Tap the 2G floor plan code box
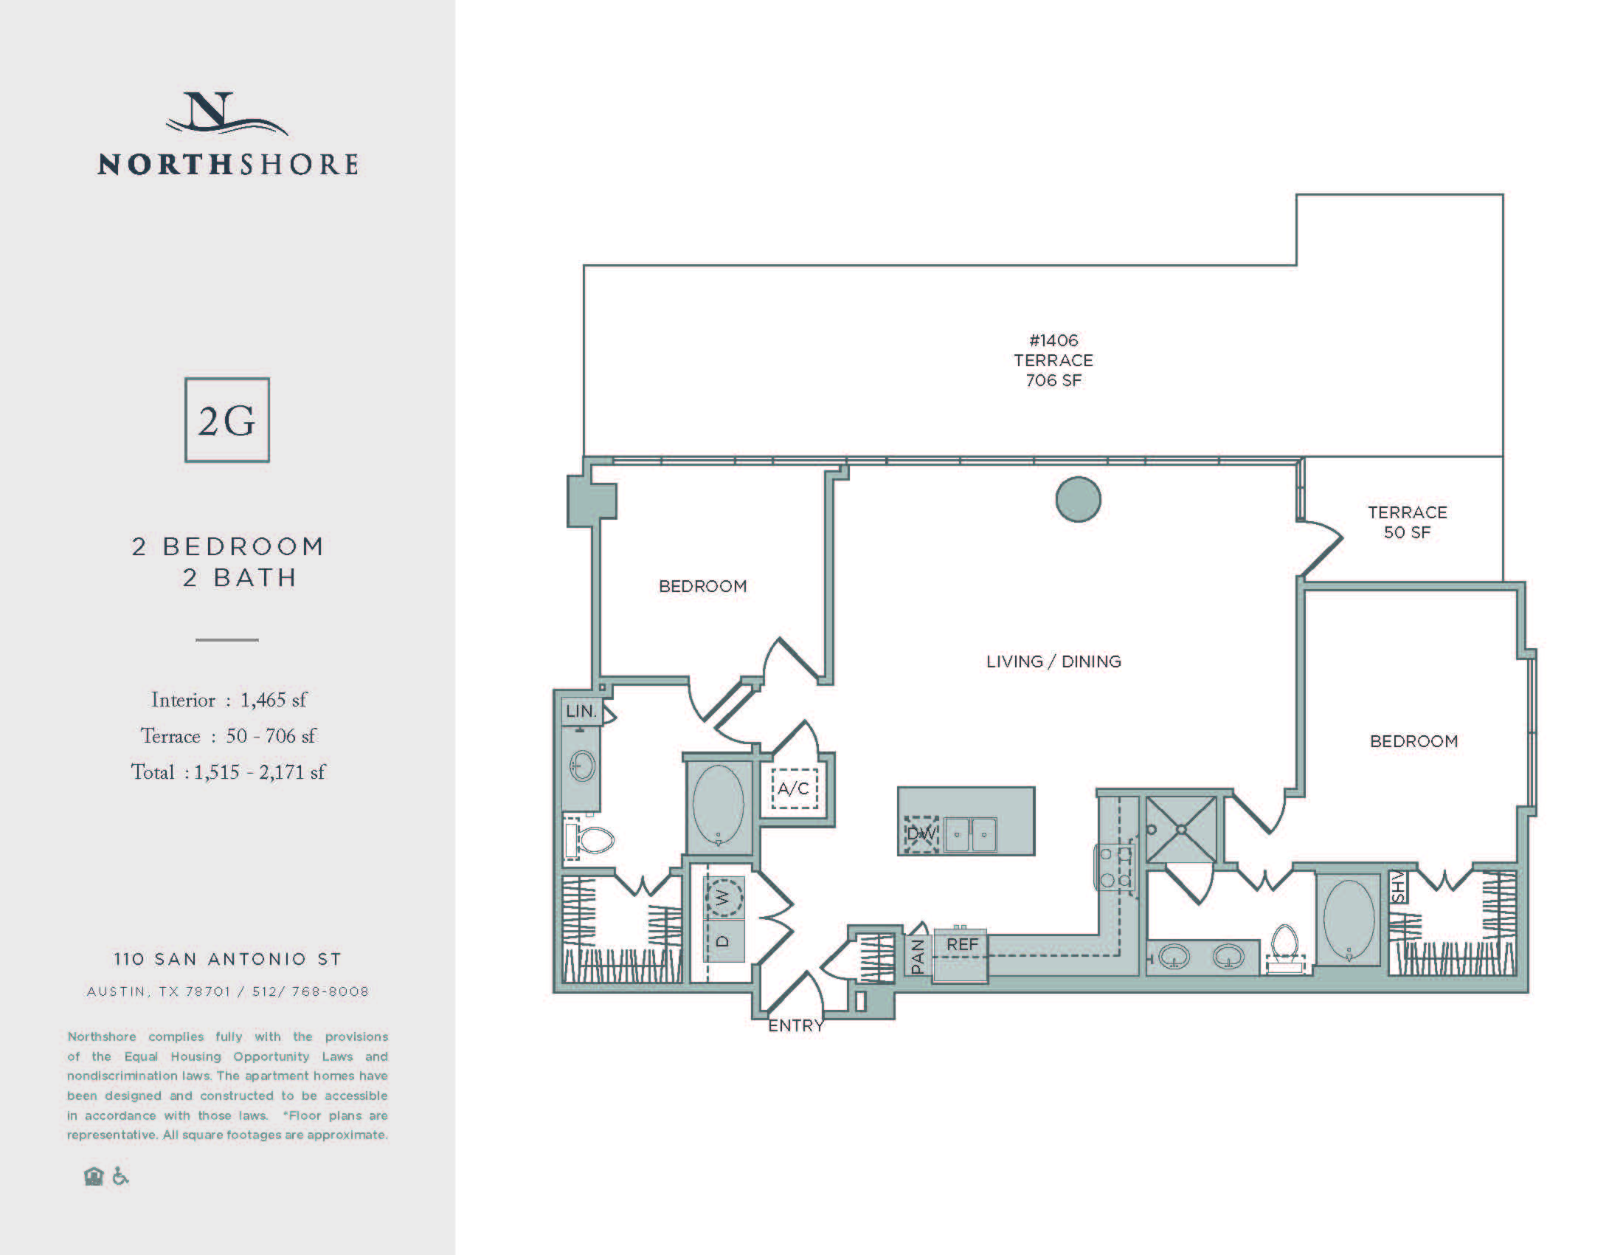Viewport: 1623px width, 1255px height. pos(226,420)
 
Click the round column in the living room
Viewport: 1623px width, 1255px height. pos(1078,499)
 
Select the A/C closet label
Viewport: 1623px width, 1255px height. pos(794,788)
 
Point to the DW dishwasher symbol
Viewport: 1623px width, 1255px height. pos(921,834)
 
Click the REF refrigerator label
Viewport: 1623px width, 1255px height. pos(961,944)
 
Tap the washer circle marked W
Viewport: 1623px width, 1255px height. pos(723,898)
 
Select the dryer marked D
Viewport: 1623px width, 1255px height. pos(723,941)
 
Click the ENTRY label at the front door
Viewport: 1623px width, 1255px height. pos(796,1025)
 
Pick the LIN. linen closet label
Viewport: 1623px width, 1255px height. pos(581,711)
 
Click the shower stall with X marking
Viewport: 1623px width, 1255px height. pos(1181,829)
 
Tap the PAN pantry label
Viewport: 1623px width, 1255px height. pos(918,956)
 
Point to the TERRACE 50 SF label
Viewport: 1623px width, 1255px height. pos(1407,522)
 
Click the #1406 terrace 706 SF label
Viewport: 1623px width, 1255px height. pos(1053,360)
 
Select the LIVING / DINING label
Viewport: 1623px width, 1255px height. pos(1053,661)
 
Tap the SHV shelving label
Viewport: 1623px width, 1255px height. pos(1398,887)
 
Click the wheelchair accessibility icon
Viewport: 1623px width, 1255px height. pos(120,1176)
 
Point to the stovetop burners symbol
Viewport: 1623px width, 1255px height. pos(1115,867)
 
